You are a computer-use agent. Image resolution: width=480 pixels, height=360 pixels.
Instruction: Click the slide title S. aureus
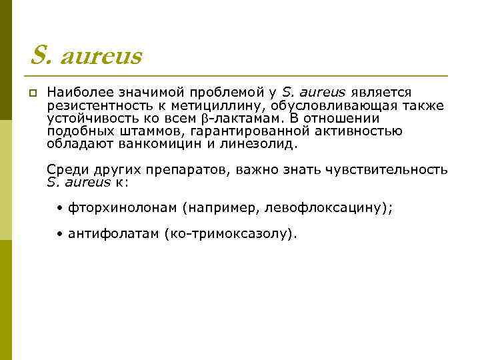(x=86, y=57)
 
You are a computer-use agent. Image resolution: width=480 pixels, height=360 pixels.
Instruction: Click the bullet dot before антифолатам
(x=60, y=235)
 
